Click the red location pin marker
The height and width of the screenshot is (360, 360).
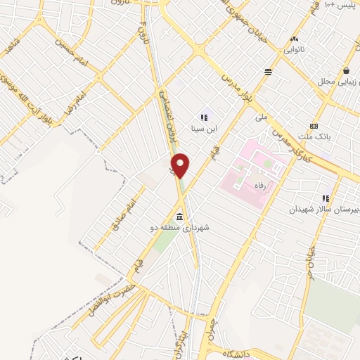tap(181, 165)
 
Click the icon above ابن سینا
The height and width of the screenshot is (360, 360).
tap(204, 117)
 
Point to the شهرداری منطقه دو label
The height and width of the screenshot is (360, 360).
tap(180, 228)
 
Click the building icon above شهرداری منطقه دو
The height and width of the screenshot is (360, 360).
tap(180, 215)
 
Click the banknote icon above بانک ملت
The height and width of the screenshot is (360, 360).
tap(314, 125)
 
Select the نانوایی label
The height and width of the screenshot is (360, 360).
tap(295, 51)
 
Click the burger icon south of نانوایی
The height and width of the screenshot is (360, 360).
tap(268, 72)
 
